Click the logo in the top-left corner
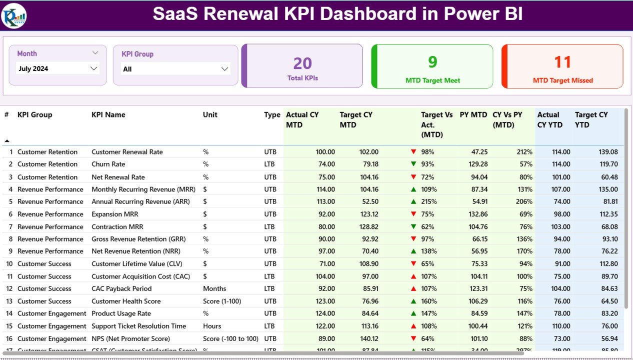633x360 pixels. [14, 15]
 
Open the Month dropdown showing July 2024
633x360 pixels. [58, 68]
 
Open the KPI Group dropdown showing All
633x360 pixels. [175, 69]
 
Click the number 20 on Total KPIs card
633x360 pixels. [302, 63]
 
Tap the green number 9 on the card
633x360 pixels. [432, 61]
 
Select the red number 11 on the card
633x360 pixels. [562, 61]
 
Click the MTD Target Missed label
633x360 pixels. [562, 80]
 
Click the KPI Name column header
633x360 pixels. [108, 114]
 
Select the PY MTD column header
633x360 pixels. [473, 114]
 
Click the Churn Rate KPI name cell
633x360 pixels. [108, 164]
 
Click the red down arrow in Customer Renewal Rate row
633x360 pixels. [413, 152]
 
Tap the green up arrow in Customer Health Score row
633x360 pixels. [413, 301]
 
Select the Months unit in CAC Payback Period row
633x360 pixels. [214, 288]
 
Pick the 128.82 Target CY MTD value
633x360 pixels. [367, 226]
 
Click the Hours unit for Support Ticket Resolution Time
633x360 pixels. [212, 326]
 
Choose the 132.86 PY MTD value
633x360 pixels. [477, 214]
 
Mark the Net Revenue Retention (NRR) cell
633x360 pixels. [136, 251]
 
